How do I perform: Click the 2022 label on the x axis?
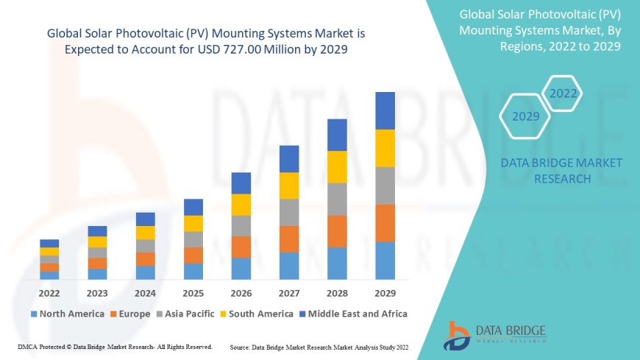[49, 292]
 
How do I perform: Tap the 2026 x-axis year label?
[241, 292]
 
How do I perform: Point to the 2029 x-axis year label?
[385, 292]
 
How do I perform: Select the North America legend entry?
[67, 314]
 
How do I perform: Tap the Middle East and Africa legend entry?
[352, 314]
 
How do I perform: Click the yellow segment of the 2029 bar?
[385, 148]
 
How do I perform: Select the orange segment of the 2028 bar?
[337, 231]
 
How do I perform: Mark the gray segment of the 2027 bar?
[289, 212]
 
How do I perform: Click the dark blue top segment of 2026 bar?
[241, 183]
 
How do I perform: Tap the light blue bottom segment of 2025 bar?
[193, 272]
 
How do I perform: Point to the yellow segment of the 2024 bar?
[146, 233]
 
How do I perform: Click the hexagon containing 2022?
[563, 93]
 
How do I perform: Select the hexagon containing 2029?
[526, 116]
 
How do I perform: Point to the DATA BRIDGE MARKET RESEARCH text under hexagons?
[561, 170]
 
